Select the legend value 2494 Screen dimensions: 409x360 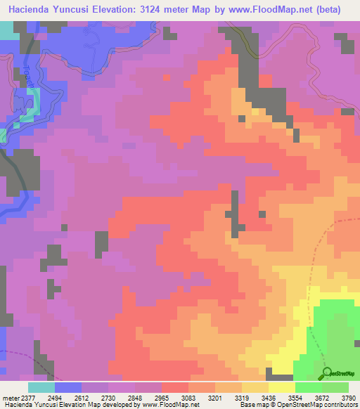coord(55,398)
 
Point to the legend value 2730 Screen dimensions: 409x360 coord(108,398)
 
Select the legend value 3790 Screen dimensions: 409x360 coord(348,398)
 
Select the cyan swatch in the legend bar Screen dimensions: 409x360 coord(41,387)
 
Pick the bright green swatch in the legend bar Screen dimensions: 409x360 coord(308,387)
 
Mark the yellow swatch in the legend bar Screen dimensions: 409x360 coord(281,387)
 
